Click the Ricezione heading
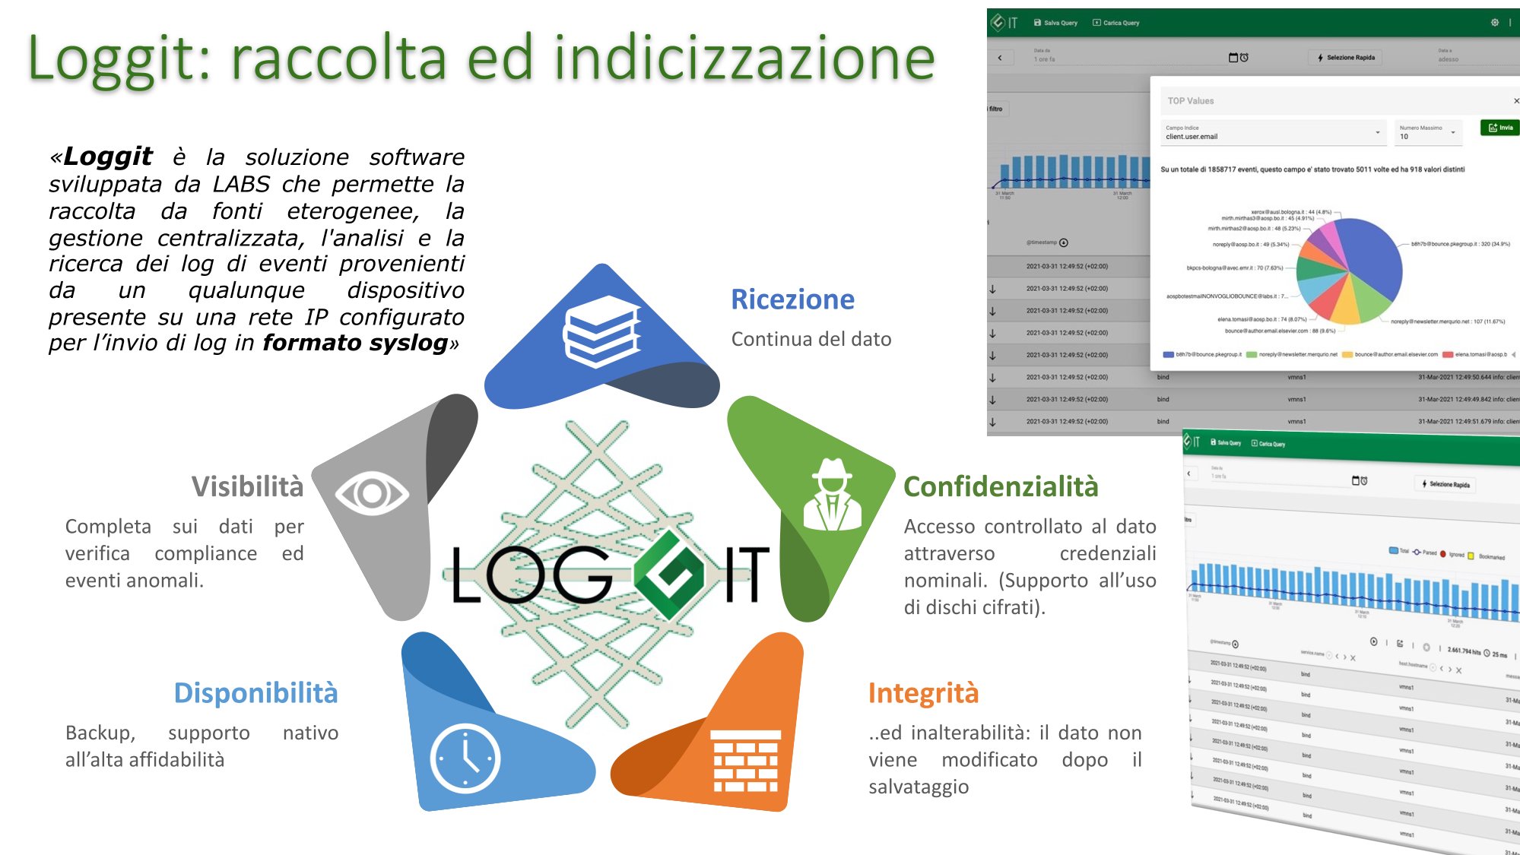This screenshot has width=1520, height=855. [x=792, y=299]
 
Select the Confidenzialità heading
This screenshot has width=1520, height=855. [x=1001, y=486]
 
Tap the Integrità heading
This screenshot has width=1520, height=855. [x=923, y=693]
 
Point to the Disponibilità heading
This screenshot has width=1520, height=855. [x=255, y=693]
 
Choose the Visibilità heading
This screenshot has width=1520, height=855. [x=247, y=486]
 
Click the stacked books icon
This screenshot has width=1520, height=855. [x=601, y=331]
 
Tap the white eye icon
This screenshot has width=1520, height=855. [x=372, y=493]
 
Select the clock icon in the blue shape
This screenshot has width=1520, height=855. [x=465, y=758]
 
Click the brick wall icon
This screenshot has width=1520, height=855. [x=745, y=760]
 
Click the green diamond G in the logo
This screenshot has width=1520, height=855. [x=669, y=574]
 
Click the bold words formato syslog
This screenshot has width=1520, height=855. [x=355, y=343]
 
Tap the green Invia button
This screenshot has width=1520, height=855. [x=1499, y=128]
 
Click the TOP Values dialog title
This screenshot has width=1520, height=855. [x=1191, y=101]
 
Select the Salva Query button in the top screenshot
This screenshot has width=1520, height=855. [x=1056, y=23]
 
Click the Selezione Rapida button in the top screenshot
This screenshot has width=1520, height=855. [x=1346, y=58]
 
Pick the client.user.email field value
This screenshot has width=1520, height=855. [x=1192, y=137]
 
